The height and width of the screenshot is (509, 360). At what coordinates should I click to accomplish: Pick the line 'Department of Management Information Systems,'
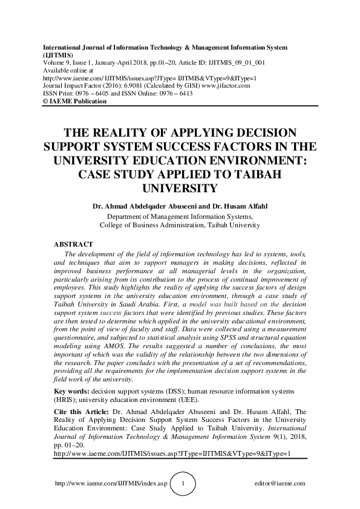pos(180,216)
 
